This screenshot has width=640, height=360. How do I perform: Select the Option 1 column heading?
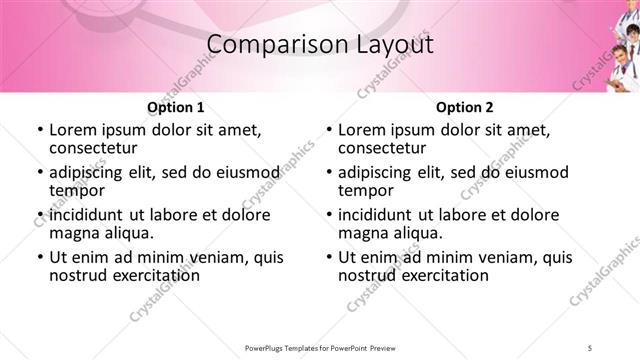176,107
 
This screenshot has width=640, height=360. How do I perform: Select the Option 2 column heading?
465,107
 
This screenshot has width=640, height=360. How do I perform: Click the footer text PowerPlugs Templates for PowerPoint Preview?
318,347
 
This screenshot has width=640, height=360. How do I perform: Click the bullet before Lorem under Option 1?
39,130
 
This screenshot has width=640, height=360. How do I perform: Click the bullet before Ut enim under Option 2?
328,257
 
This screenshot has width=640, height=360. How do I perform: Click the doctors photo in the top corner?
618,60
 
